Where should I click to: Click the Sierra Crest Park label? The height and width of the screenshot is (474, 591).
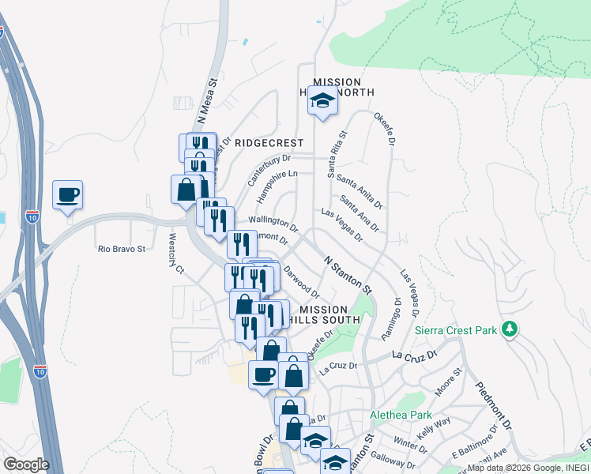click(454, 330)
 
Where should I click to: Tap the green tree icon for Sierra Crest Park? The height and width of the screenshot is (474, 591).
click(510, 328)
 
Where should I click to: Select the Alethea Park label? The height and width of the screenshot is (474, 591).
click(401, 415)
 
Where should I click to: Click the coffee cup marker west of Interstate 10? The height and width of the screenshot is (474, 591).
click(68, 194)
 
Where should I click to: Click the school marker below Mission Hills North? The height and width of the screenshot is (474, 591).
click(322, 100)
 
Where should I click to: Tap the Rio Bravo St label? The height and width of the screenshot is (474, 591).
click(122, 249)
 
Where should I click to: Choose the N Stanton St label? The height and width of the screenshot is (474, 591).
click(348, 272)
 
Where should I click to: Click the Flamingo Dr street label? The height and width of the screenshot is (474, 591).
click(392, 319)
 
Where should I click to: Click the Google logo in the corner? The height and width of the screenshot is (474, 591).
click(26, 465)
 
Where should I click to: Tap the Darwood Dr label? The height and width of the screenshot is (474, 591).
click(301, 280)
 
